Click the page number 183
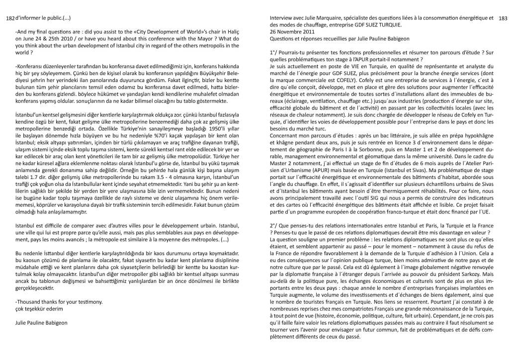pyautogui.click(x=502, y=19)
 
